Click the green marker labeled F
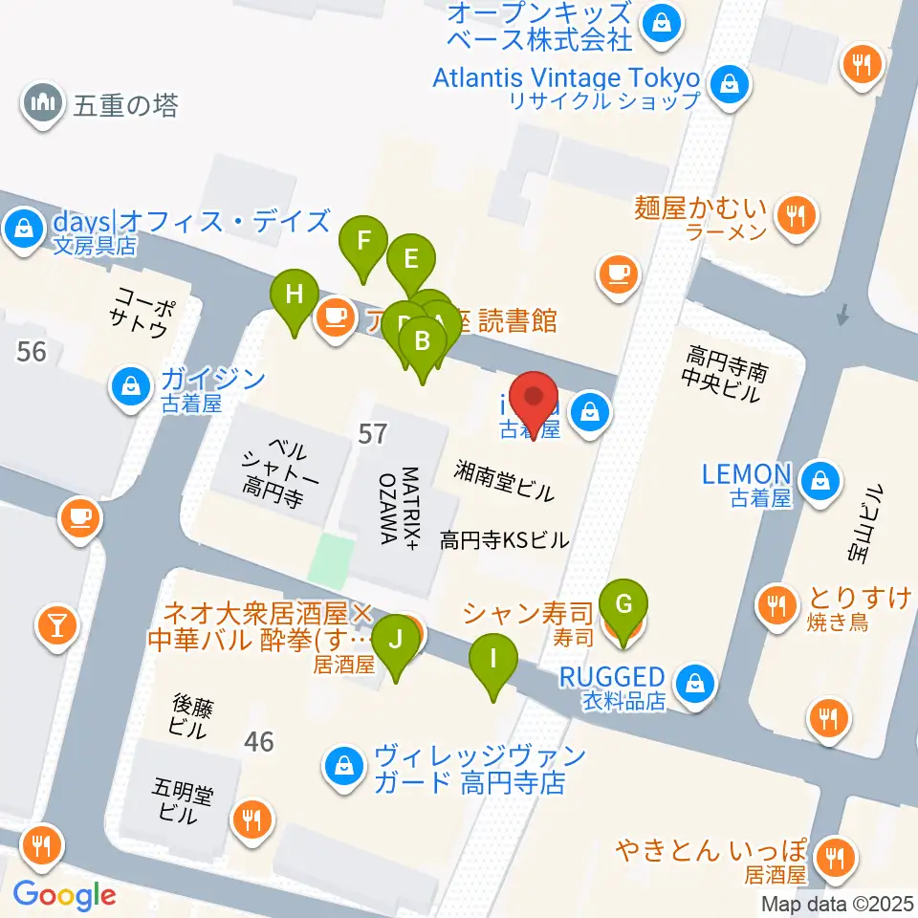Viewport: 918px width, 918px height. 363,241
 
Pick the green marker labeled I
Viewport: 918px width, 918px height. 492,660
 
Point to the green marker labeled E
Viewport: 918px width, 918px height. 411,259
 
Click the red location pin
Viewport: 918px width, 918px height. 535,399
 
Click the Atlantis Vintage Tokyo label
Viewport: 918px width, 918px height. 566,77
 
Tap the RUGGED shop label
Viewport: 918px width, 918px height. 611,676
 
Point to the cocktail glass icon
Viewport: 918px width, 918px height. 55,626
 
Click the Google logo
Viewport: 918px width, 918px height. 64,895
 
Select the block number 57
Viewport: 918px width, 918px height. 372,434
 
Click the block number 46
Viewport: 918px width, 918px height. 258,741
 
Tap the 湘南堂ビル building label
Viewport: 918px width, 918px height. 504,480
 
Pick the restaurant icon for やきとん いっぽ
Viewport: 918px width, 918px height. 836,858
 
